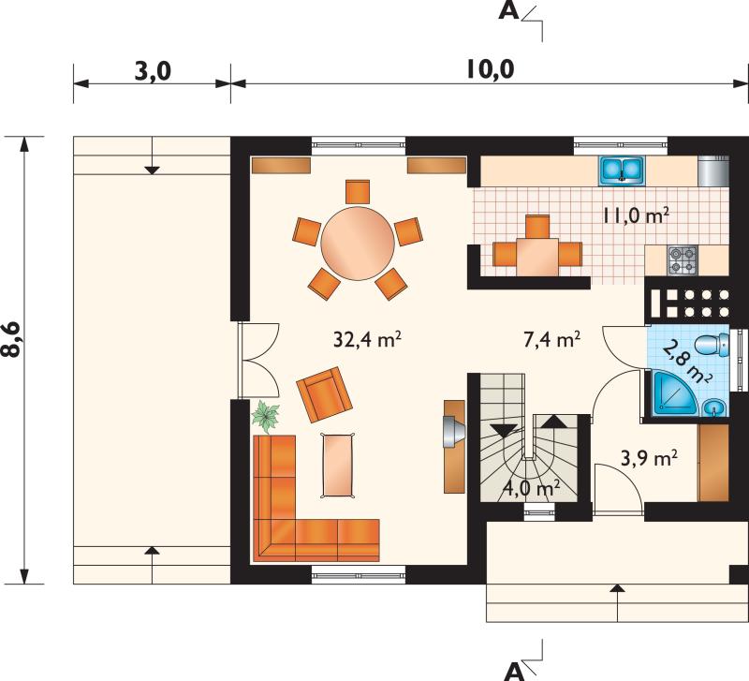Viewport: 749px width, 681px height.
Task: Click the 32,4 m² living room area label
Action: pos(366,339)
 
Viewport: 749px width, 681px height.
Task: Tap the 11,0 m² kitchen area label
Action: pos(635,215)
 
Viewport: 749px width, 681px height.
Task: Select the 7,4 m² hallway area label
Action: pos(551,339)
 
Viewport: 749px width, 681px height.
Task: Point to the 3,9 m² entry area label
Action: pos(649,459)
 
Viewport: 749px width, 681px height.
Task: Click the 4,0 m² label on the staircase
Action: pos(532,489)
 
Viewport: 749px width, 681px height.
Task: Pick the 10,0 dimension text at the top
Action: pos(490,69)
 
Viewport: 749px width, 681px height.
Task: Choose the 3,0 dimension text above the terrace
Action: pos(153,72)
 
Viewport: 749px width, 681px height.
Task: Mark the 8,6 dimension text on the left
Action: pos(12,339)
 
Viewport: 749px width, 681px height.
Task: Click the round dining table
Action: pos(358,244)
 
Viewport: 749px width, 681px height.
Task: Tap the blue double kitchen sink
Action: pos(622,170)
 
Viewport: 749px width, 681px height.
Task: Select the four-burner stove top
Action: pos(683,260)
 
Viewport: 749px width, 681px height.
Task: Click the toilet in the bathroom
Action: pos(712,345)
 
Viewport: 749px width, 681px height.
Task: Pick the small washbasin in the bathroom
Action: pos(714,407)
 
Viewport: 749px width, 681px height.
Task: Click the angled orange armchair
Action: pos(324,394)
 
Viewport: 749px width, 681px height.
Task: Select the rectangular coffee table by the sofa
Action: pos(339,465)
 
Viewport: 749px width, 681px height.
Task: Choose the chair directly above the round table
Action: pos(358,192)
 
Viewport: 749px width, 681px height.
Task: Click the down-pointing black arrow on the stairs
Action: pos(504,430)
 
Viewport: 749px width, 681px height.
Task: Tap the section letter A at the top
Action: pos(508,10)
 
